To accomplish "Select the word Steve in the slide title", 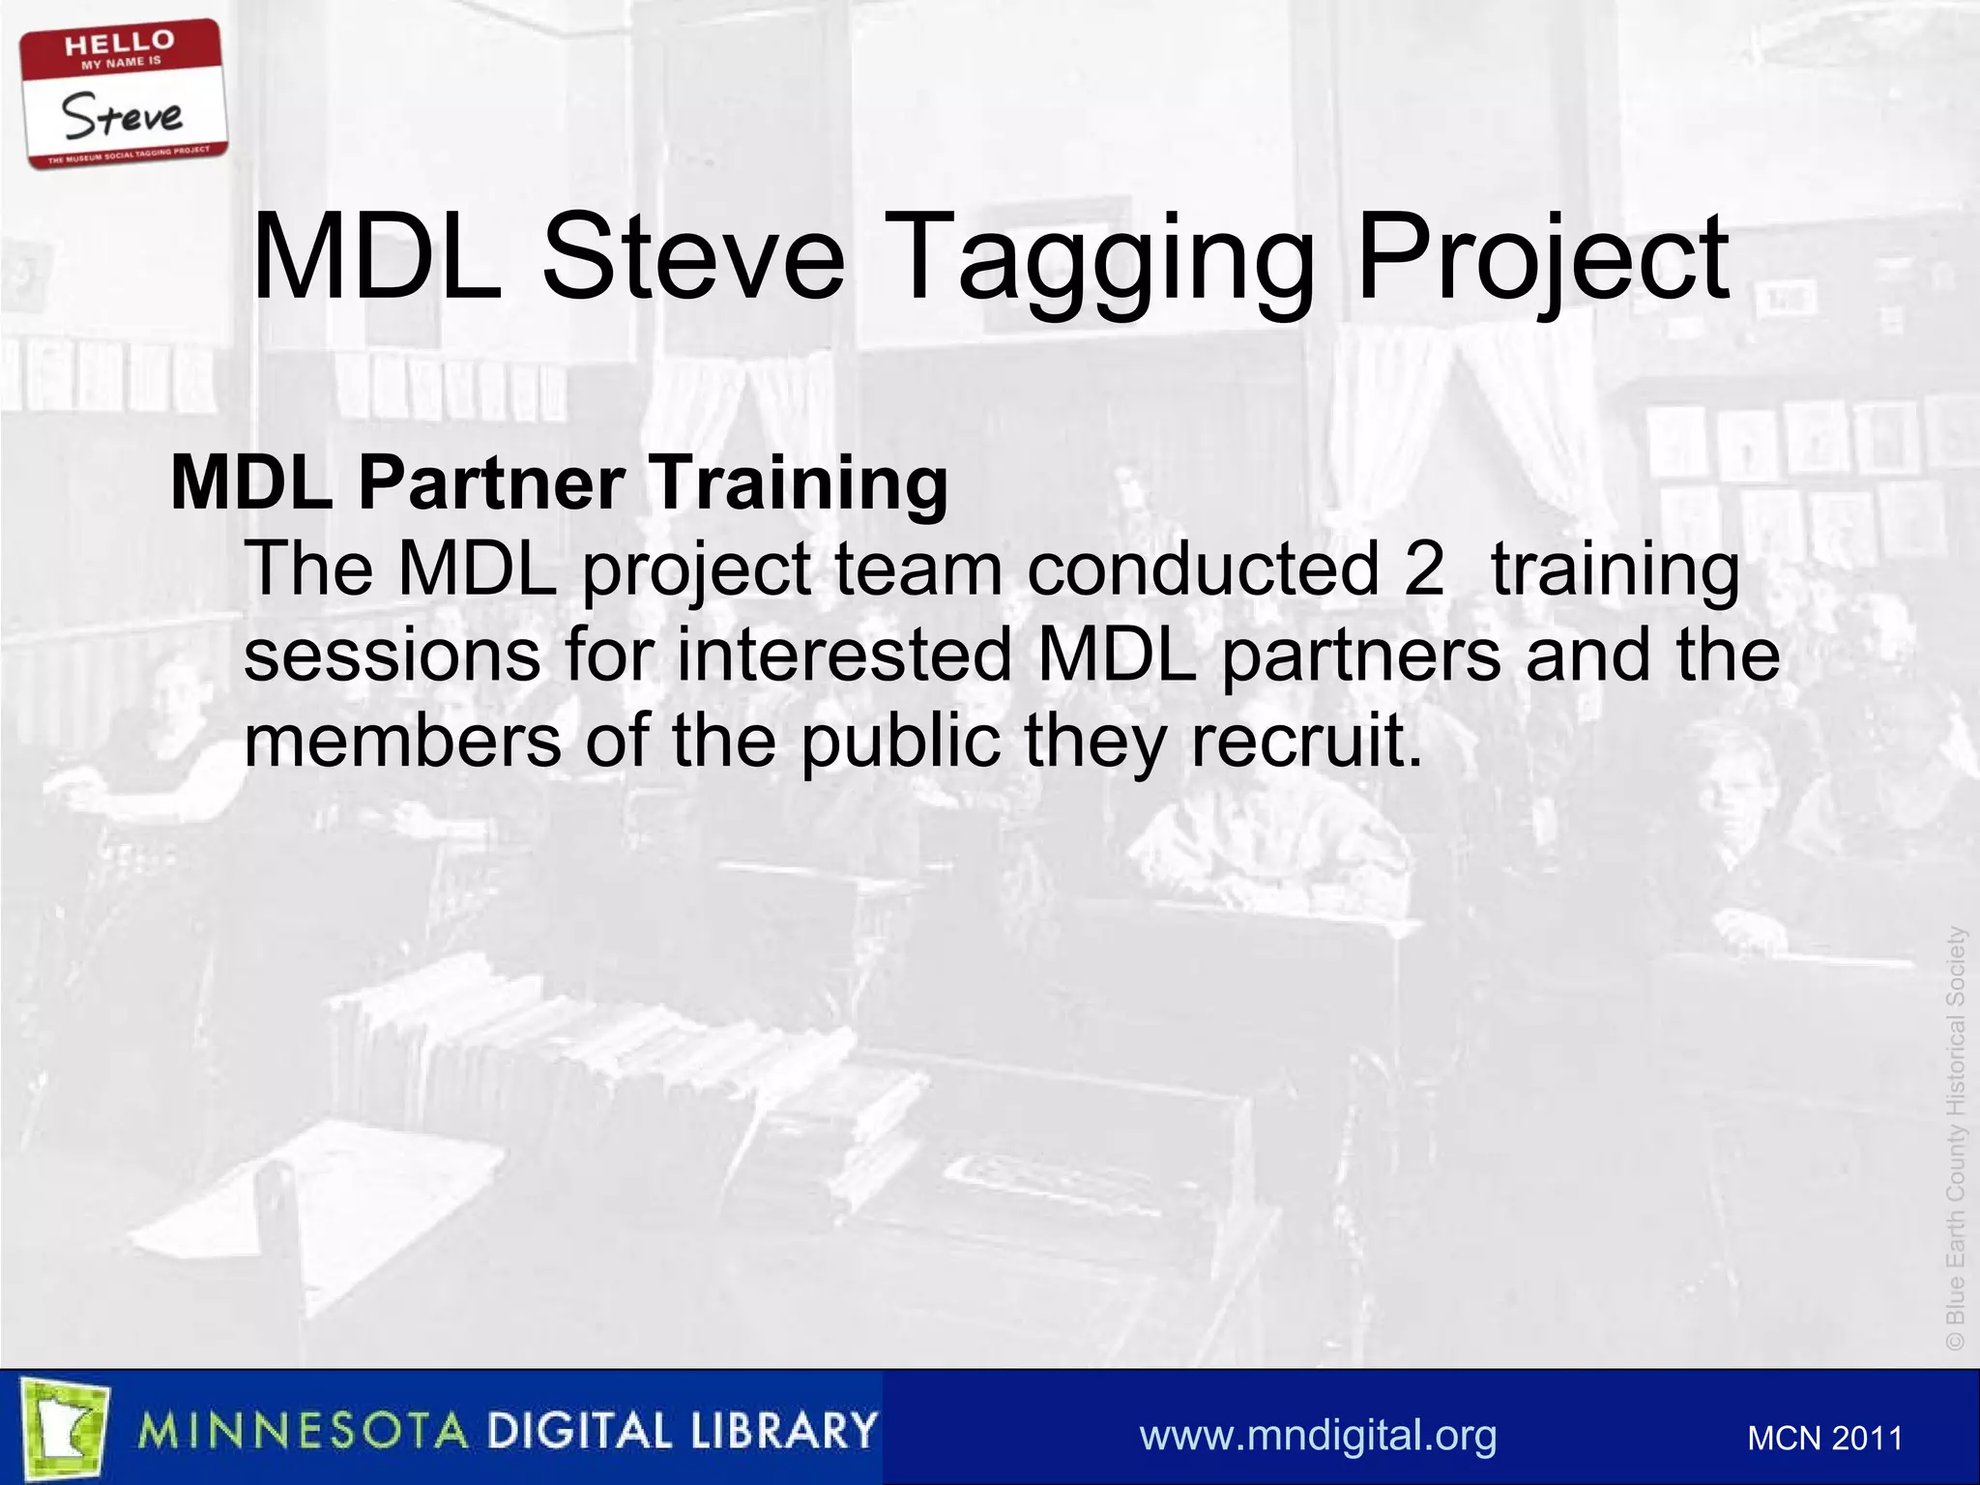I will click(x=692, y=259).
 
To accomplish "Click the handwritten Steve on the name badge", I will click(x=123, y=116).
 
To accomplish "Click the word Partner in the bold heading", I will click(x=491, y=482).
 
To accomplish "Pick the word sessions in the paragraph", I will click(x=392, y=655).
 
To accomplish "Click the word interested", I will click(x=843, y=655).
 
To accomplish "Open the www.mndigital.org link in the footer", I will click(x=1318, y=1435).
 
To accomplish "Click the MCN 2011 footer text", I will click(x=1824, y=1439).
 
